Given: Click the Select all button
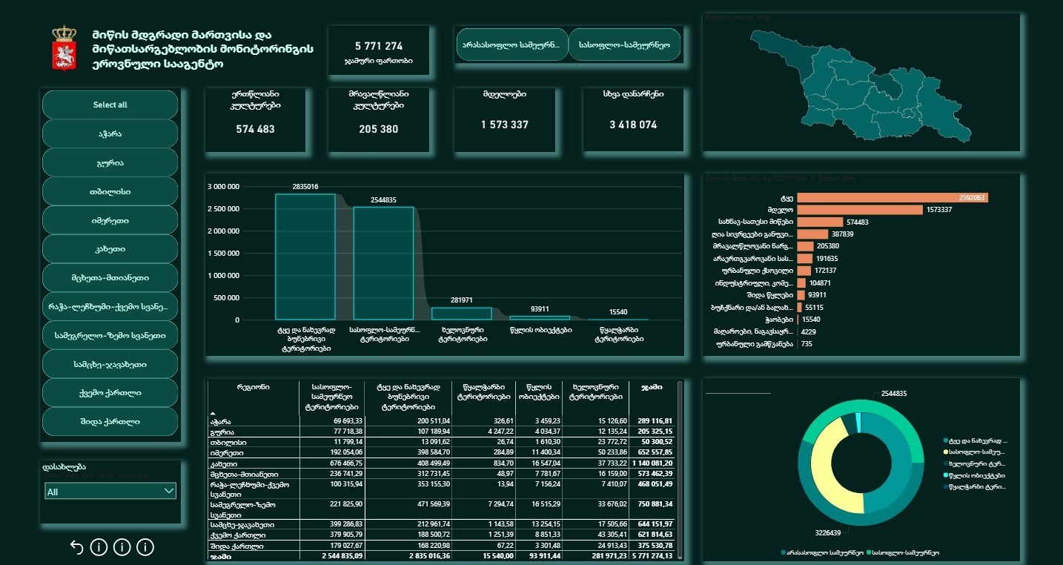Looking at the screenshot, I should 110,105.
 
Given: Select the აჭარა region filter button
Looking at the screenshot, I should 110,133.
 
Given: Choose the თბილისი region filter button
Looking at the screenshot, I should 110,191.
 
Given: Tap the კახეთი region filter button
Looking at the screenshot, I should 110,249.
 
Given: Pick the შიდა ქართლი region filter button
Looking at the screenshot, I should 110,422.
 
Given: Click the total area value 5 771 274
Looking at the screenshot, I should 379,46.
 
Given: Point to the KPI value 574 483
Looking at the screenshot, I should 255,129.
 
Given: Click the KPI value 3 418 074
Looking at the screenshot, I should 633,125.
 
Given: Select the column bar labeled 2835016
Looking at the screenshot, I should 305,257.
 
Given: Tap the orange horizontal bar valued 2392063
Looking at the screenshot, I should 893,198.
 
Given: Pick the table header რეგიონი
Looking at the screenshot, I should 253,387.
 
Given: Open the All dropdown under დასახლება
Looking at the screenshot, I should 110,492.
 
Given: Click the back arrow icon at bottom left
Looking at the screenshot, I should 76,547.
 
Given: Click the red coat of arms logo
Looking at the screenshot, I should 64,48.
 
